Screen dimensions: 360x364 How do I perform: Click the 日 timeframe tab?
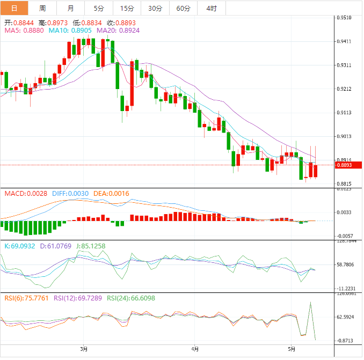pyautogui.click(x=14, y=8)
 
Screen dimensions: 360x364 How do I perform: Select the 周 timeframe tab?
pyautogui.click(x=42, y=8)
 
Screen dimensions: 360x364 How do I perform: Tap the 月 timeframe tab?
pyautogui.click(x=71, y=8)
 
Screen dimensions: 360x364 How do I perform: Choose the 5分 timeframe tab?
pyautogui.click(x=99, y=8)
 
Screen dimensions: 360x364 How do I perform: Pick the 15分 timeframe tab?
pyautogui.click(x=127, y=8)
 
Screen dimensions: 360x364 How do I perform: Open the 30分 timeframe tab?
pyautogui.click(x=155, y=8)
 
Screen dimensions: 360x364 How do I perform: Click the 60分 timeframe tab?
pyautogui.click(x=183, y=8)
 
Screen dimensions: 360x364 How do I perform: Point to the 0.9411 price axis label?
pyautogui.click(x=344, y=41)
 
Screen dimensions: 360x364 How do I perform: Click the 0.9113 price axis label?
pyautogui.click(x=344, y=113)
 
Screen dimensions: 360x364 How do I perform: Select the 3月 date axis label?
pyautogui.click(x=84, y=349)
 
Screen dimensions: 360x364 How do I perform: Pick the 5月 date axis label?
pyautogui.click(x=291, y=349)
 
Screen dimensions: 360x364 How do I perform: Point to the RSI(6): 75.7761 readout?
pyautogui.click(x=26, y=298)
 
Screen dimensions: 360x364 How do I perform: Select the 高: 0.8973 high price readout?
pyautogui.click(x=53, y=23)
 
